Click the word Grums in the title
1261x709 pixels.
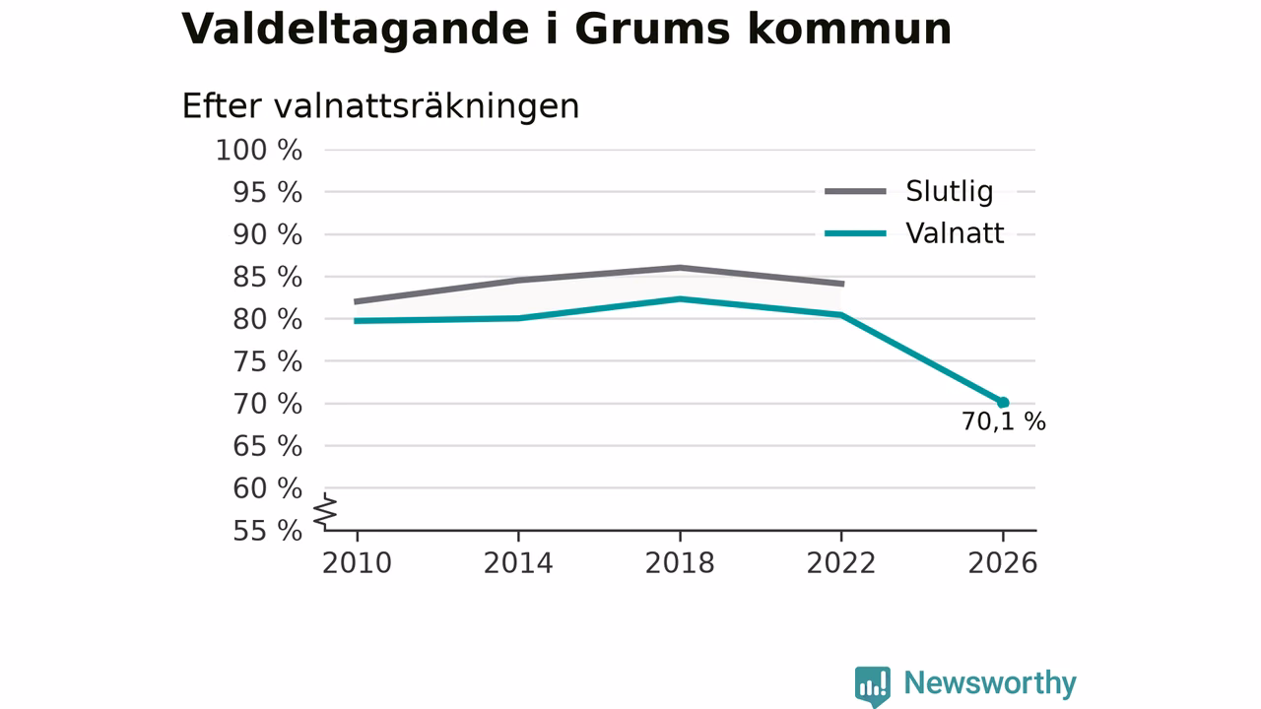(652, 30)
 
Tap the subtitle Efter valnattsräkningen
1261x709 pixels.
(380, 106)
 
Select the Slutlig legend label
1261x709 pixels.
(949, 191)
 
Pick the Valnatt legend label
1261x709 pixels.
(955, 233)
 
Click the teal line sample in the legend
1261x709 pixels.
(855, 233)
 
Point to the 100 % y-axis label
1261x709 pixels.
(259, 151)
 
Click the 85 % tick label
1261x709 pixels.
(267, 277)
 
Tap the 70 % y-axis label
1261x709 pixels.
(267, 404)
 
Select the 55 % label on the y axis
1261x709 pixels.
(267, 531)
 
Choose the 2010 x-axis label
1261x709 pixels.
(357, 563)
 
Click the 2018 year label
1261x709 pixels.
(680, 563)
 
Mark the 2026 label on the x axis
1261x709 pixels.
(1003, 563)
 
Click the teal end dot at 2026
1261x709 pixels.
(1003, 403)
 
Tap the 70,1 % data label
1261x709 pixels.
(1003, 422)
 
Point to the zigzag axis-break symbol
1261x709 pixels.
(325, 511)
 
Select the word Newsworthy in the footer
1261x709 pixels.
(990, 683)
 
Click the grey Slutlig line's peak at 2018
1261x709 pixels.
(680, 268)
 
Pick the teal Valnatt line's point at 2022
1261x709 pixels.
(841, 315)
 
